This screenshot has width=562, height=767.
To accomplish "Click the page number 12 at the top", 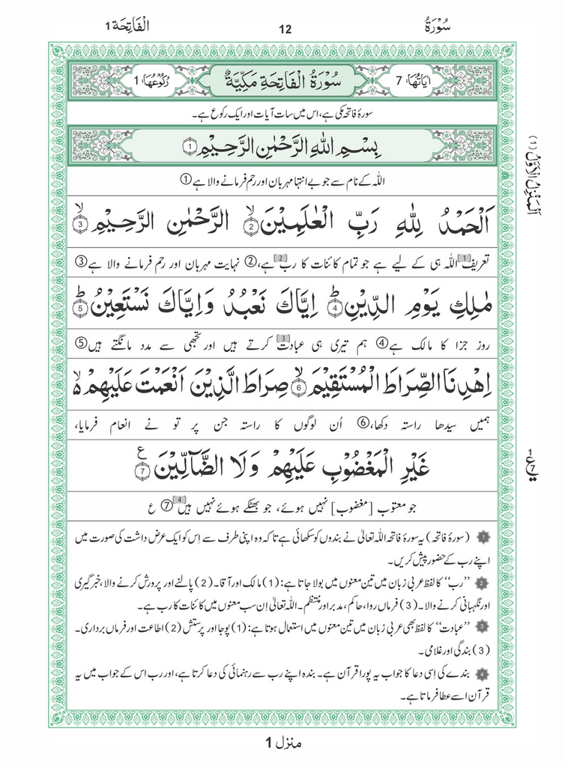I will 284,30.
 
